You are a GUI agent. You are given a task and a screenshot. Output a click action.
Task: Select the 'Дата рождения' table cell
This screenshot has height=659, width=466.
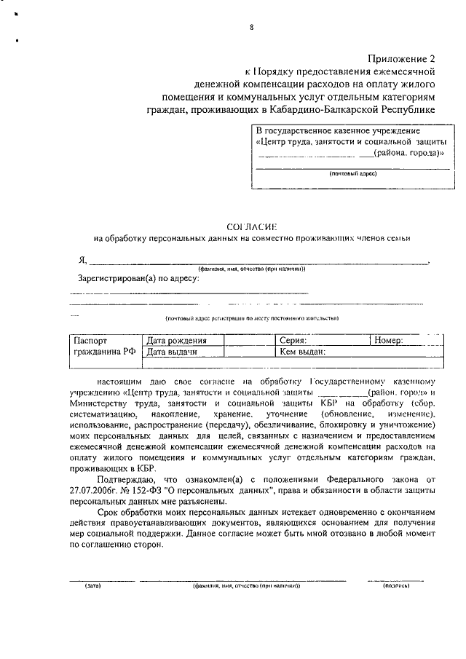coord(177,340)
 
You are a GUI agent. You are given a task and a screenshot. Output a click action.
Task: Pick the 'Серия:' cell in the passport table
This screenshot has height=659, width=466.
coord(293,340)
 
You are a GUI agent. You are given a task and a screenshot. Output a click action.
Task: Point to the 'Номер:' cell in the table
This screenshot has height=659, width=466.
coord(389,340)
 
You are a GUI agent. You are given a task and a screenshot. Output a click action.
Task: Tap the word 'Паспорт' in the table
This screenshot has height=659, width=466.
coord(91,340)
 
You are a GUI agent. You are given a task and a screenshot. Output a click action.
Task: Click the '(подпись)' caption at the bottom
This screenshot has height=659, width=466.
coord(395,585)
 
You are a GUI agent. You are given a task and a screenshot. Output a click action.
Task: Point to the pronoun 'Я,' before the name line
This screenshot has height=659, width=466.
coord(83,261)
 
